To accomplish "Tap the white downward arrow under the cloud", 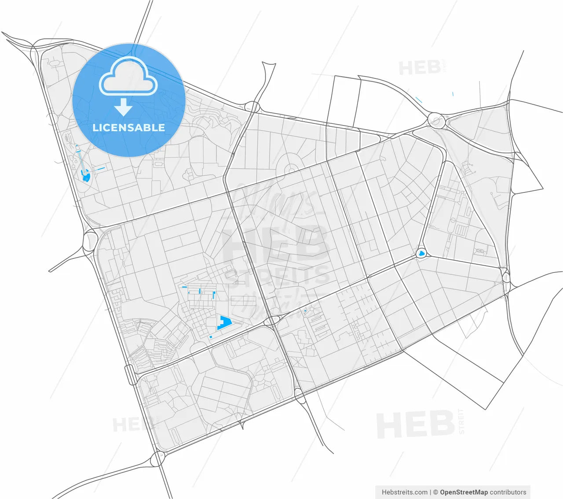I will coord(124,107).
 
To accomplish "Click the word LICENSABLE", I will coord(128,128).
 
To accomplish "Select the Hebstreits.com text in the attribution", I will coord(404,492).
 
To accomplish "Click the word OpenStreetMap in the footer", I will coord(464,492).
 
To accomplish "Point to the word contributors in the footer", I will coord(508,492).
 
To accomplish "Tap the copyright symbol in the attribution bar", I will coord(435,492).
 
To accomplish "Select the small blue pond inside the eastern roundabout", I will coord(421,253).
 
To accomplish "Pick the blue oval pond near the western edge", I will coord(86,177).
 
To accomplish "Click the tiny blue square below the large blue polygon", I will coord(211,337).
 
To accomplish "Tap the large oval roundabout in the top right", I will coord(436,120).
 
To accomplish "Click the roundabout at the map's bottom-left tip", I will coord(157,459).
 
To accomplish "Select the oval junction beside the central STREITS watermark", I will coord(273,320).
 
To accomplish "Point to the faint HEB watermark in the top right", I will coord(420,68).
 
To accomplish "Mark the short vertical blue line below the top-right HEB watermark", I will coord(453,93).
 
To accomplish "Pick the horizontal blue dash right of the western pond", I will coord(101,169).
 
